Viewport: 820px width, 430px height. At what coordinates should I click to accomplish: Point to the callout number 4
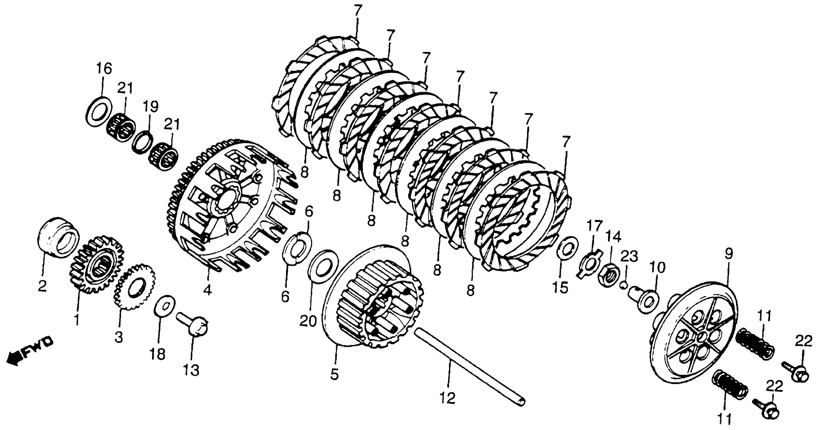tap(207, 290)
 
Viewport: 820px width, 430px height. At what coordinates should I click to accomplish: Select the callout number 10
tap(658, 268)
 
